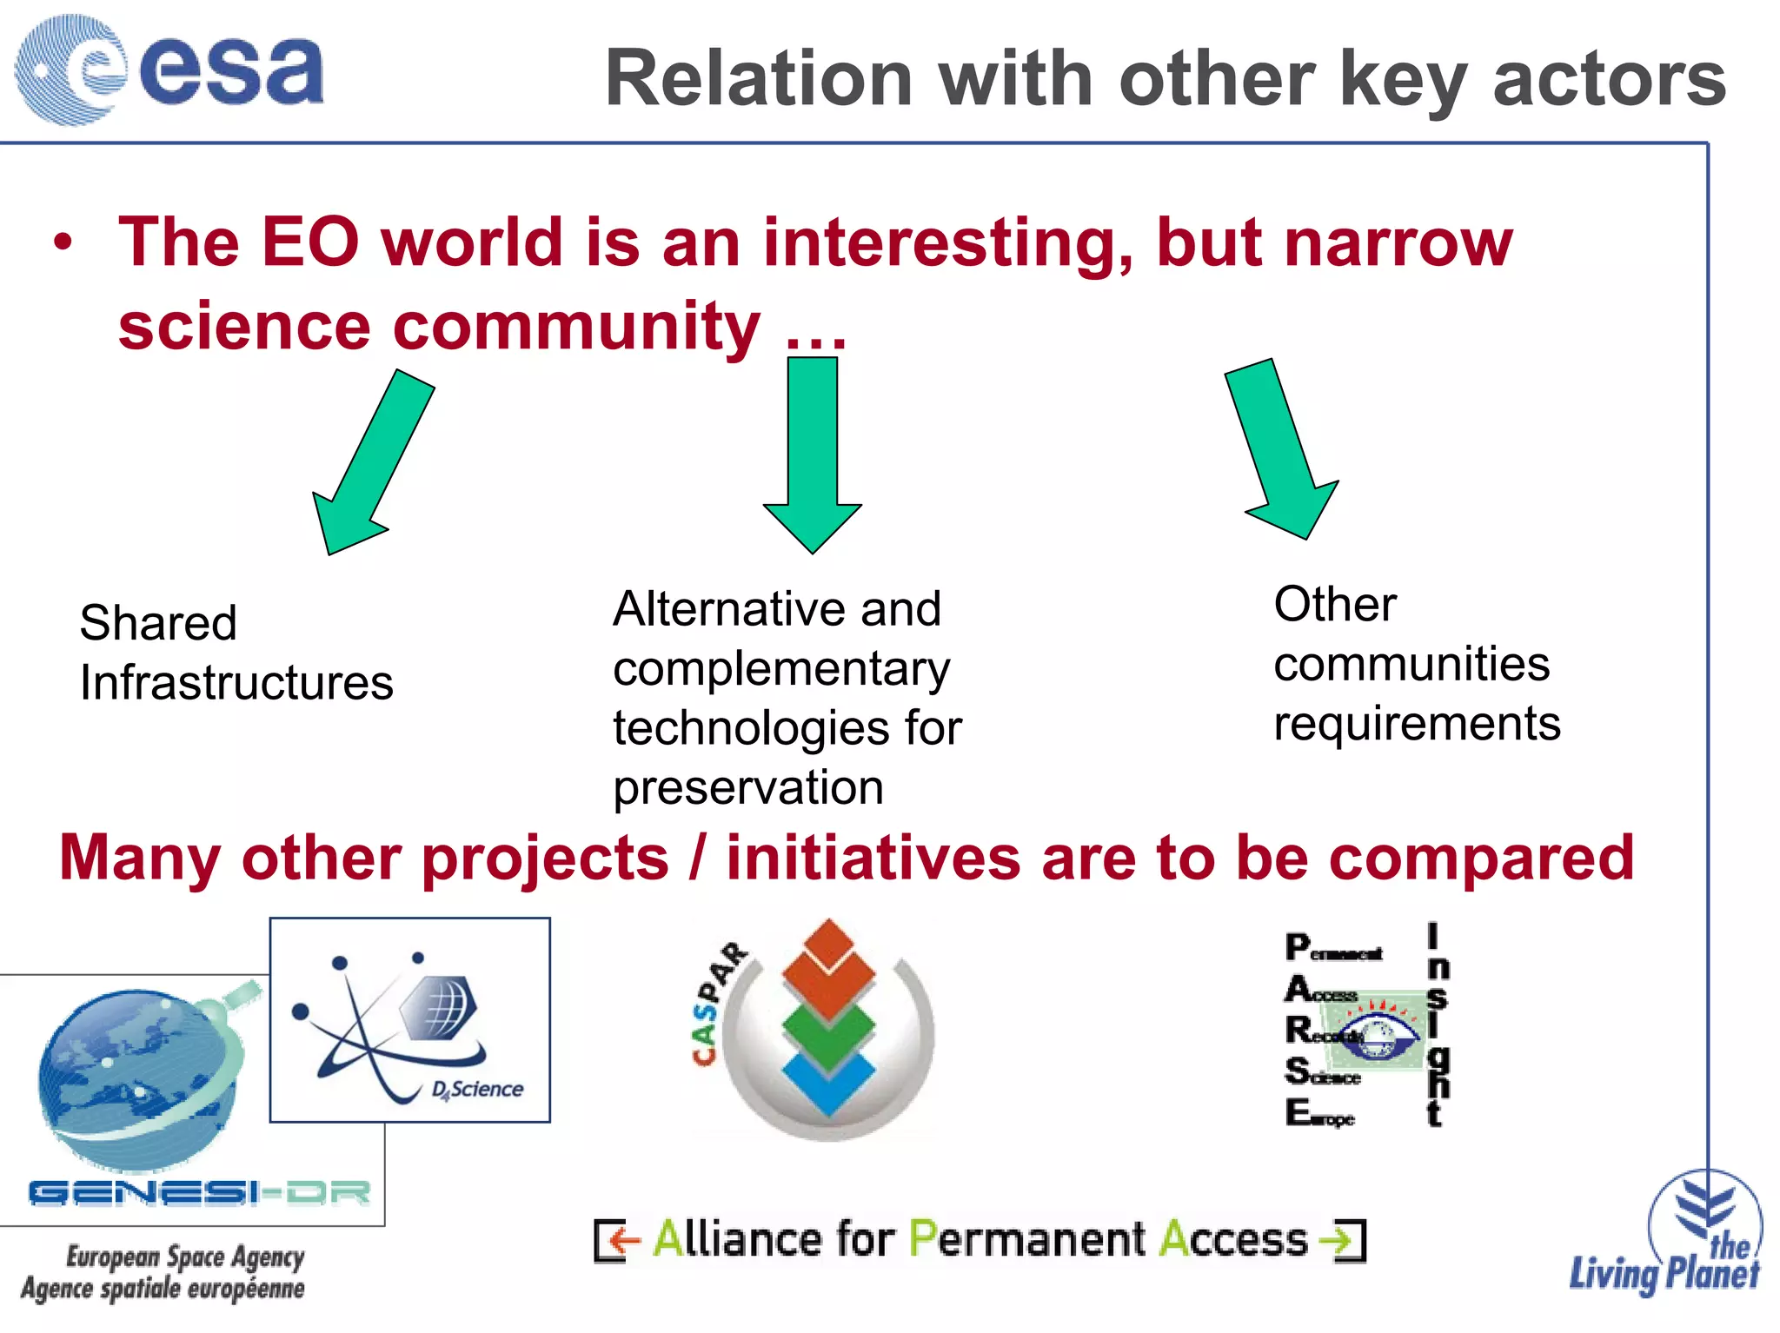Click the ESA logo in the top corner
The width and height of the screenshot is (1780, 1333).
click(169, 70)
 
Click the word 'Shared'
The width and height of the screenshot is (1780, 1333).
click(158, 623)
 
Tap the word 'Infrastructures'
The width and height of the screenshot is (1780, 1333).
click(236, 683)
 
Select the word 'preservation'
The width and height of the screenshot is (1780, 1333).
click(747, 788)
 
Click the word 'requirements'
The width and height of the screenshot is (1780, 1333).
click(1417, 724)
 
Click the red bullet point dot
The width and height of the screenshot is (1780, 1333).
click(63, 242)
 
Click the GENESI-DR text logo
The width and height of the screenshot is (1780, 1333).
click(200, 1192)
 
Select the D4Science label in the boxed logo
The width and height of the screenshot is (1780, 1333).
click(477, 1090)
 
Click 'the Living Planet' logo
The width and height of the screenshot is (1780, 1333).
click(1677, 1243)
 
